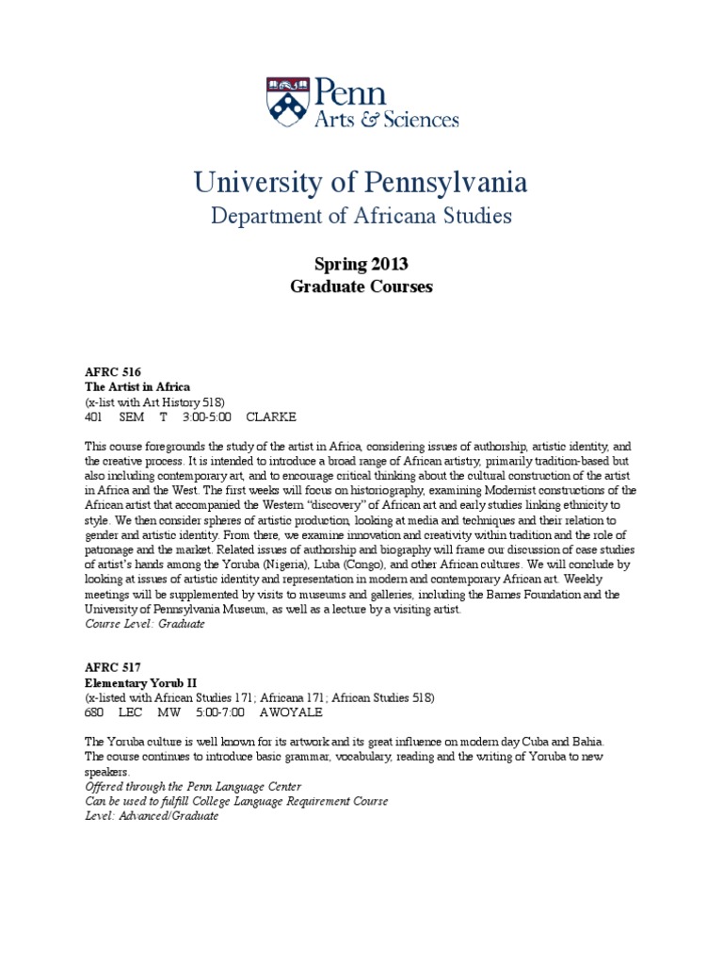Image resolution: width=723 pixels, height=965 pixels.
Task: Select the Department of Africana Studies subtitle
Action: coord(361,216)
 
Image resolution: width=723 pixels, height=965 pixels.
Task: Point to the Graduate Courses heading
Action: coord(361,286)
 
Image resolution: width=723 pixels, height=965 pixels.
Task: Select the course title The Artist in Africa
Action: coord(137,386)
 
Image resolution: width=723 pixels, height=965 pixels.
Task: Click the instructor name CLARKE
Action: coord(271,416)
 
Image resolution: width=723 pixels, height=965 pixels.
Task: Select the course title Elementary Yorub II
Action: coord(144,681)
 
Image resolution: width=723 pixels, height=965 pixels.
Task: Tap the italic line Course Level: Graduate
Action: coord(145,624)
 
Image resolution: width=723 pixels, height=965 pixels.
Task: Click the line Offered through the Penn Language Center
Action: coord(194,786)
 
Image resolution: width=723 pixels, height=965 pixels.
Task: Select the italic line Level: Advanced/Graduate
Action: coord(152,815)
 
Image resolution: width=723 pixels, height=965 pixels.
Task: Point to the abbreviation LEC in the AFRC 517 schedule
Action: coord(130,711)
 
